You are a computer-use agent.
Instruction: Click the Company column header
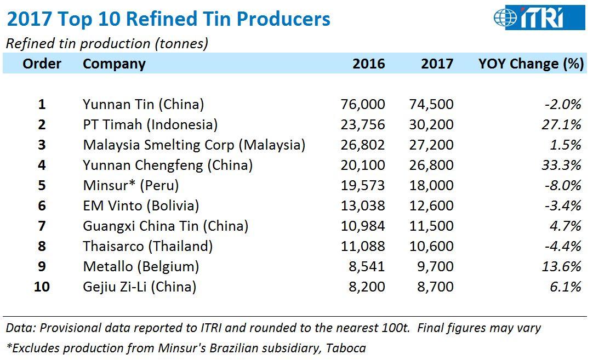(x=114, y=64)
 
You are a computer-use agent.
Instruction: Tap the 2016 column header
(x=368, y=64)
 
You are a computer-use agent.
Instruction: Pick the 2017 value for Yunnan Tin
(x=431, y=104)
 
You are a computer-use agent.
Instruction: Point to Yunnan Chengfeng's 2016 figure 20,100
(x=363, y=165)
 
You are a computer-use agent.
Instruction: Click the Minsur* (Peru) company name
(x=131, y=185)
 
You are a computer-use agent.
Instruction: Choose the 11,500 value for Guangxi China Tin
(x=431, y=226)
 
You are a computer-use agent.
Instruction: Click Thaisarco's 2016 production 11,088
(x=363, y=246)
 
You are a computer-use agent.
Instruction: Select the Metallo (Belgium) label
(x=141, y=266)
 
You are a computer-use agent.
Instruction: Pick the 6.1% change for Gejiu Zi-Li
(x=566, y=287)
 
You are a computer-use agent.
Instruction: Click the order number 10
(x=42, y=287)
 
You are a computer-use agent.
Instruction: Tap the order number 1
(x=42, y=104)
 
